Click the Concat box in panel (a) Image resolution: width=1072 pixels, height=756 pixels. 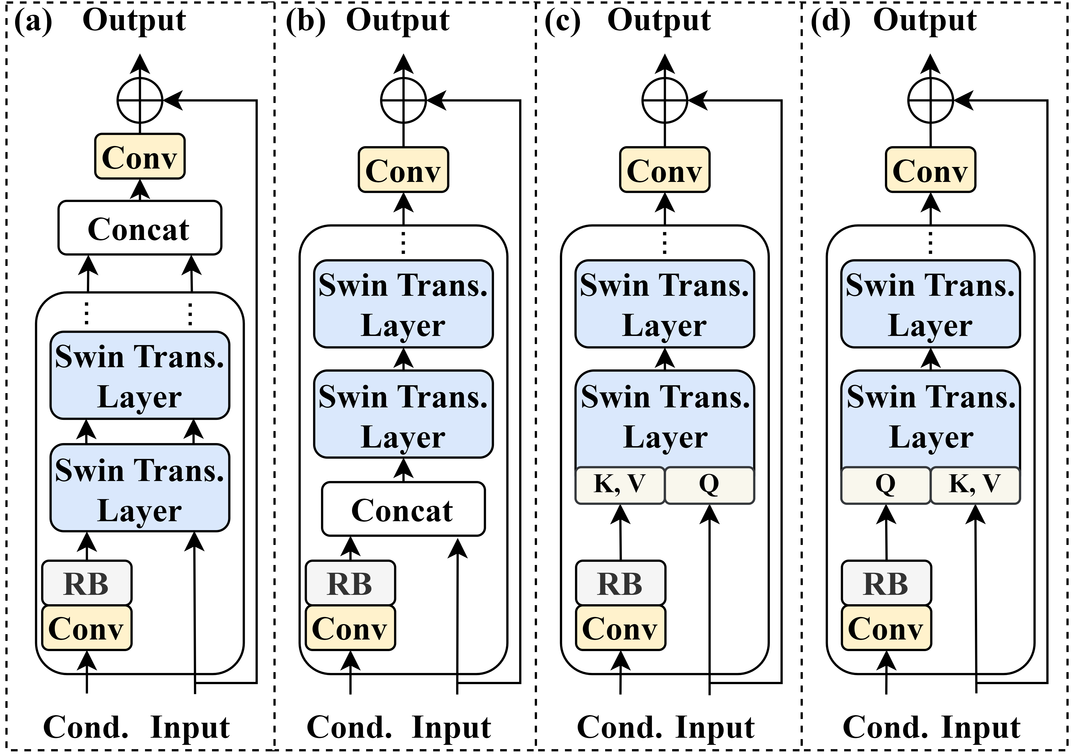140,228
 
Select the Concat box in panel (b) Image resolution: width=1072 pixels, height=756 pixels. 403,509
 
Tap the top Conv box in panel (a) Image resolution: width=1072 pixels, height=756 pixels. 140,156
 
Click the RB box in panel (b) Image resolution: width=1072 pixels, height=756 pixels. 350,583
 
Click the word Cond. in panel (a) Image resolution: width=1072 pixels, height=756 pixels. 86,727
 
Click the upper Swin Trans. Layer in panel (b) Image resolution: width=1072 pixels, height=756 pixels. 403,304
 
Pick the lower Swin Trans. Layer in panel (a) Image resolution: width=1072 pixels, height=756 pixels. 140,488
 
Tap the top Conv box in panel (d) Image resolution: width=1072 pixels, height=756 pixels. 931,169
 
